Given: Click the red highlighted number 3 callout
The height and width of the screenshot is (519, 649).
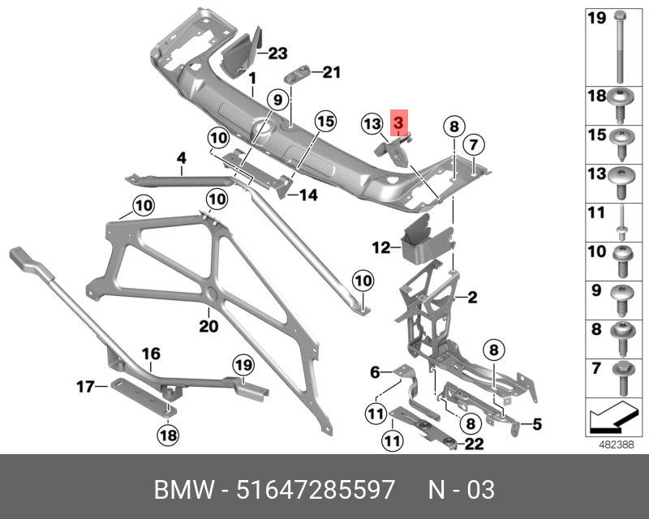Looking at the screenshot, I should tap(398, 124).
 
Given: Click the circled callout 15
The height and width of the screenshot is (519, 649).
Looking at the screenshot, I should tap(324, 122).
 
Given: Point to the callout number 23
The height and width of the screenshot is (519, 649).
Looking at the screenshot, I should tap(278, 54).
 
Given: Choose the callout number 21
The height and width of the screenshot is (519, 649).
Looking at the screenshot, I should tap(331, 72).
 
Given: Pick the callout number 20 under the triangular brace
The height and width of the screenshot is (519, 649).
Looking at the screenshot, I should tap(208, 327).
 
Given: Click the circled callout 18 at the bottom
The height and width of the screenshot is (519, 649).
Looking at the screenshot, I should tap(167, 435).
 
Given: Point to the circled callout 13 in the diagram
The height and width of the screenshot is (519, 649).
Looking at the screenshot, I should tap(372, 124).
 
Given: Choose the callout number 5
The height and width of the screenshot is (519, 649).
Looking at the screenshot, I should tap(536, 424).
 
